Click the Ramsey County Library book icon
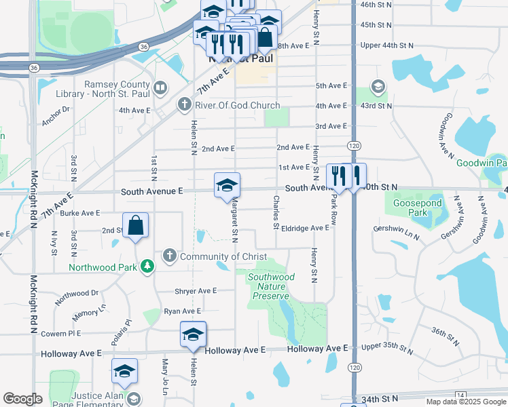160,87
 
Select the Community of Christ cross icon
169,256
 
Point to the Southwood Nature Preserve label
271,286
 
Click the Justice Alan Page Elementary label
75,398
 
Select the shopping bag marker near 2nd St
136,226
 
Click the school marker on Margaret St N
227,185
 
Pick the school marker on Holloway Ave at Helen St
193,334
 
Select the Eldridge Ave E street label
305,228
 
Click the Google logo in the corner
22,399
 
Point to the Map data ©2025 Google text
465,402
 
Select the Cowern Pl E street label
60,334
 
